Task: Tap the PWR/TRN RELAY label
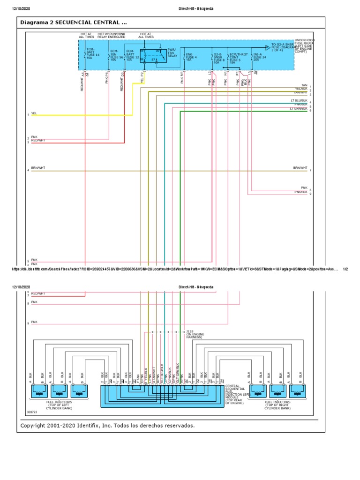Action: pos(172,52)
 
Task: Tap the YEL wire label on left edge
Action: pos(34,113)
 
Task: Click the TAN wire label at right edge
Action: pos(304,85)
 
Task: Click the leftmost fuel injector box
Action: pos(38,389)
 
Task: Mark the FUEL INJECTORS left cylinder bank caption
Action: pos(59,405)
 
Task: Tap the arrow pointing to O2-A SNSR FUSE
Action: pos(267,47)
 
